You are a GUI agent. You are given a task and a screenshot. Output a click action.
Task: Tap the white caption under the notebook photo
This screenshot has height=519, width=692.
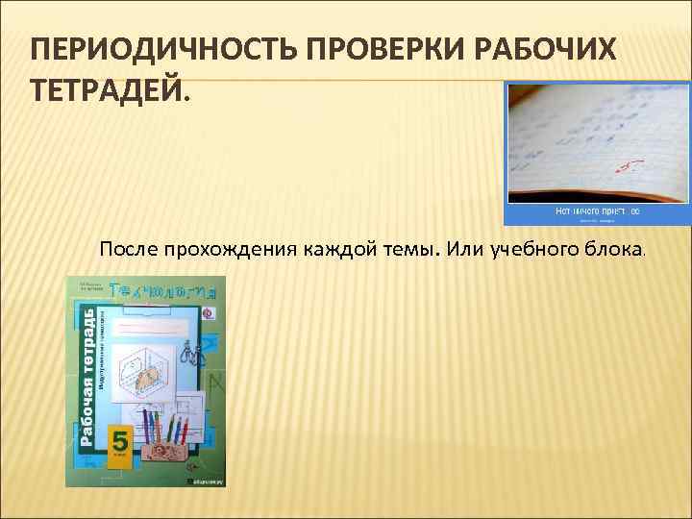[597, 211]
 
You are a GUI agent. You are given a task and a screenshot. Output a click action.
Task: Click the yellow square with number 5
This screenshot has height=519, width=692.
[120, 441]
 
